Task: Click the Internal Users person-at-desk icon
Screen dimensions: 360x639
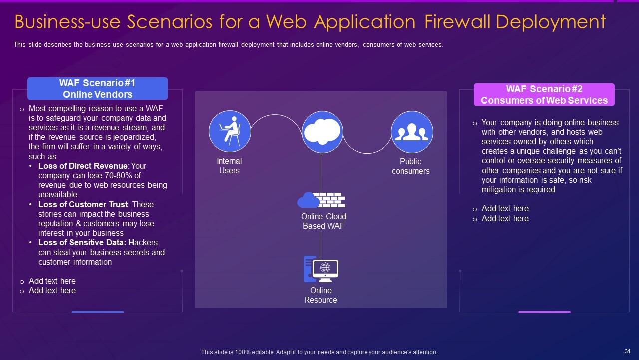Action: (230, 131)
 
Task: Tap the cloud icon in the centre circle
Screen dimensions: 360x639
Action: (322, 132)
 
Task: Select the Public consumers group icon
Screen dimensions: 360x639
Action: (412, 132)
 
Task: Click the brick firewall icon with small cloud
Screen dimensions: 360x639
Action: (321, 200)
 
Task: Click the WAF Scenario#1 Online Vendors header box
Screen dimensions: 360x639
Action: (97, 89)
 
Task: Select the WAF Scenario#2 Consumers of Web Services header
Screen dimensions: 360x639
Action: (544, 95)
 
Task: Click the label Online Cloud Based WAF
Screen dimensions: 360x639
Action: (323, 221)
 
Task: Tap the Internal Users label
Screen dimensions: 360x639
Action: (229, 166)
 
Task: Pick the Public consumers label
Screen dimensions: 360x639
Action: (411, 166)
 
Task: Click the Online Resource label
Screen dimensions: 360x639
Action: (320, 295)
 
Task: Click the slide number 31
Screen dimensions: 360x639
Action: (628, 352)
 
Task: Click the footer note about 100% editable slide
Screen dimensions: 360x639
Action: (319, 352)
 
